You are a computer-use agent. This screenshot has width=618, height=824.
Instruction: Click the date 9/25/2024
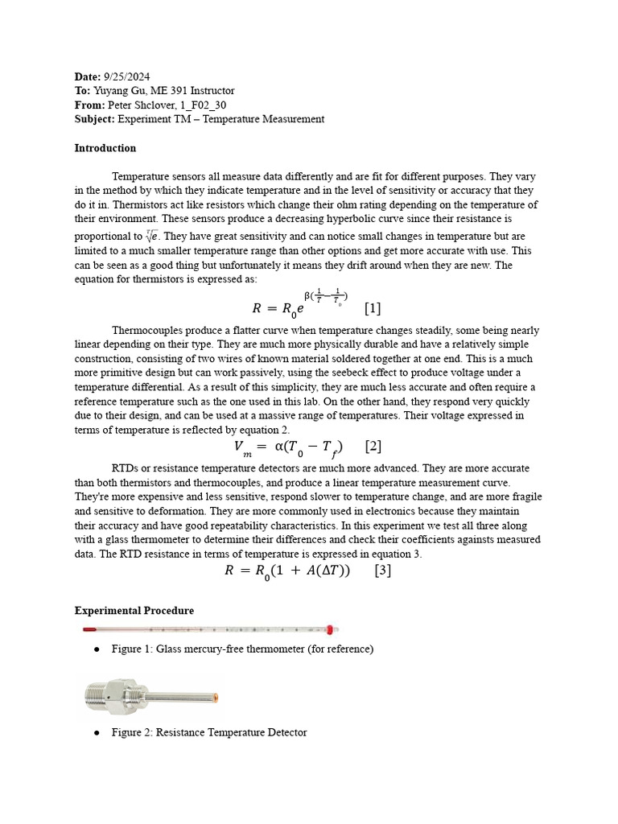(x=127, y=76)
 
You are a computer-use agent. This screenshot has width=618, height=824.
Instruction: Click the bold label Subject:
(x=95, y=119)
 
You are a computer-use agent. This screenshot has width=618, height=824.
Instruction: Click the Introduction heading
(x=105, y=148)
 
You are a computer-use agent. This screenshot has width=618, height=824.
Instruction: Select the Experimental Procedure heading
(x=134, y=611)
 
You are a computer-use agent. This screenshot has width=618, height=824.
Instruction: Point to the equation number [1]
(x=372, y=308)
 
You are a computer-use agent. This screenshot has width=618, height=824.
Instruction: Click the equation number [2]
(x=373, y=446)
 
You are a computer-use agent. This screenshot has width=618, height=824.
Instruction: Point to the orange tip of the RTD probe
(x=216, y=697)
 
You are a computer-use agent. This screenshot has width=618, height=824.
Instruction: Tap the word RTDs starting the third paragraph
(x=126, y=468)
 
